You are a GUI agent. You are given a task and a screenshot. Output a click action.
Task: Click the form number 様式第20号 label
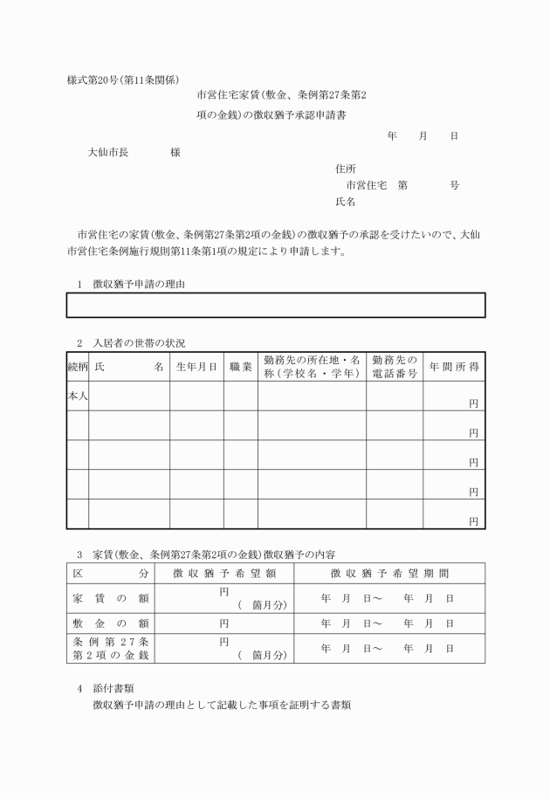point(90,79)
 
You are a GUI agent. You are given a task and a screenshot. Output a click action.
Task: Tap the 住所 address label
point(345,168)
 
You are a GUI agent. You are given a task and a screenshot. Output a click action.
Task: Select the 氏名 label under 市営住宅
point(345,202)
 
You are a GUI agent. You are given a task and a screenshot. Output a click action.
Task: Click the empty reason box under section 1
point(275,305)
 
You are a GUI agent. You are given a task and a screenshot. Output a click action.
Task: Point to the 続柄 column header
point(78,368)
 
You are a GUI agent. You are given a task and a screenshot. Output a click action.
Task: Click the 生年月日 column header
point(196,368)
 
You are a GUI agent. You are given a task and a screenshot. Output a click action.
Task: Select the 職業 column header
point(240,368)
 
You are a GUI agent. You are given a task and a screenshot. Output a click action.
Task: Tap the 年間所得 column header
point(454,368)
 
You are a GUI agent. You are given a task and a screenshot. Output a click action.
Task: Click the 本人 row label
point(78,396)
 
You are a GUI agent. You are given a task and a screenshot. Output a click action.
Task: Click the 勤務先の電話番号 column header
point(395,367)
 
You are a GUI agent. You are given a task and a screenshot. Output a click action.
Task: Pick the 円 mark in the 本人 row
point(473,403)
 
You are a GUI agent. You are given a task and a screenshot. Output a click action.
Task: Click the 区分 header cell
point(110,574)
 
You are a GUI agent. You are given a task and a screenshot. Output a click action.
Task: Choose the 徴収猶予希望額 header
point(224,574)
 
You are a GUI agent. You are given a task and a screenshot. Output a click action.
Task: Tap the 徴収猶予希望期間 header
point(389,574)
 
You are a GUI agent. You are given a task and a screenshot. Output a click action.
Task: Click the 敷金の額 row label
point(110,623)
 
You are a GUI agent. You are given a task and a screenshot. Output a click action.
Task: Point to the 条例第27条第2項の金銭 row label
point(110,648)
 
